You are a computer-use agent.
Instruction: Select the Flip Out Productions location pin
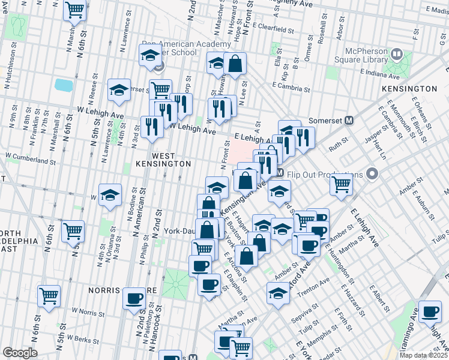(372, 175)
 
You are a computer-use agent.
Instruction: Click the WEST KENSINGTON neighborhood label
(163, 159)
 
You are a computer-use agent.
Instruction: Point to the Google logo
(19, 353)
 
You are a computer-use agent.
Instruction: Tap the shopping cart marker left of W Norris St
(49, 295)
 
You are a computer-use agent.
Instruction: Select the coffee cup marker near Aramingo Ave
(430, 311)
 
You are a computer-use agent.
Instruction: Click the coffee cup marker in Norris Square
(134, 298)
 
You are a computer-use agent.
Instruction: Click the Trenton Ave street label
(316, 283)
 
